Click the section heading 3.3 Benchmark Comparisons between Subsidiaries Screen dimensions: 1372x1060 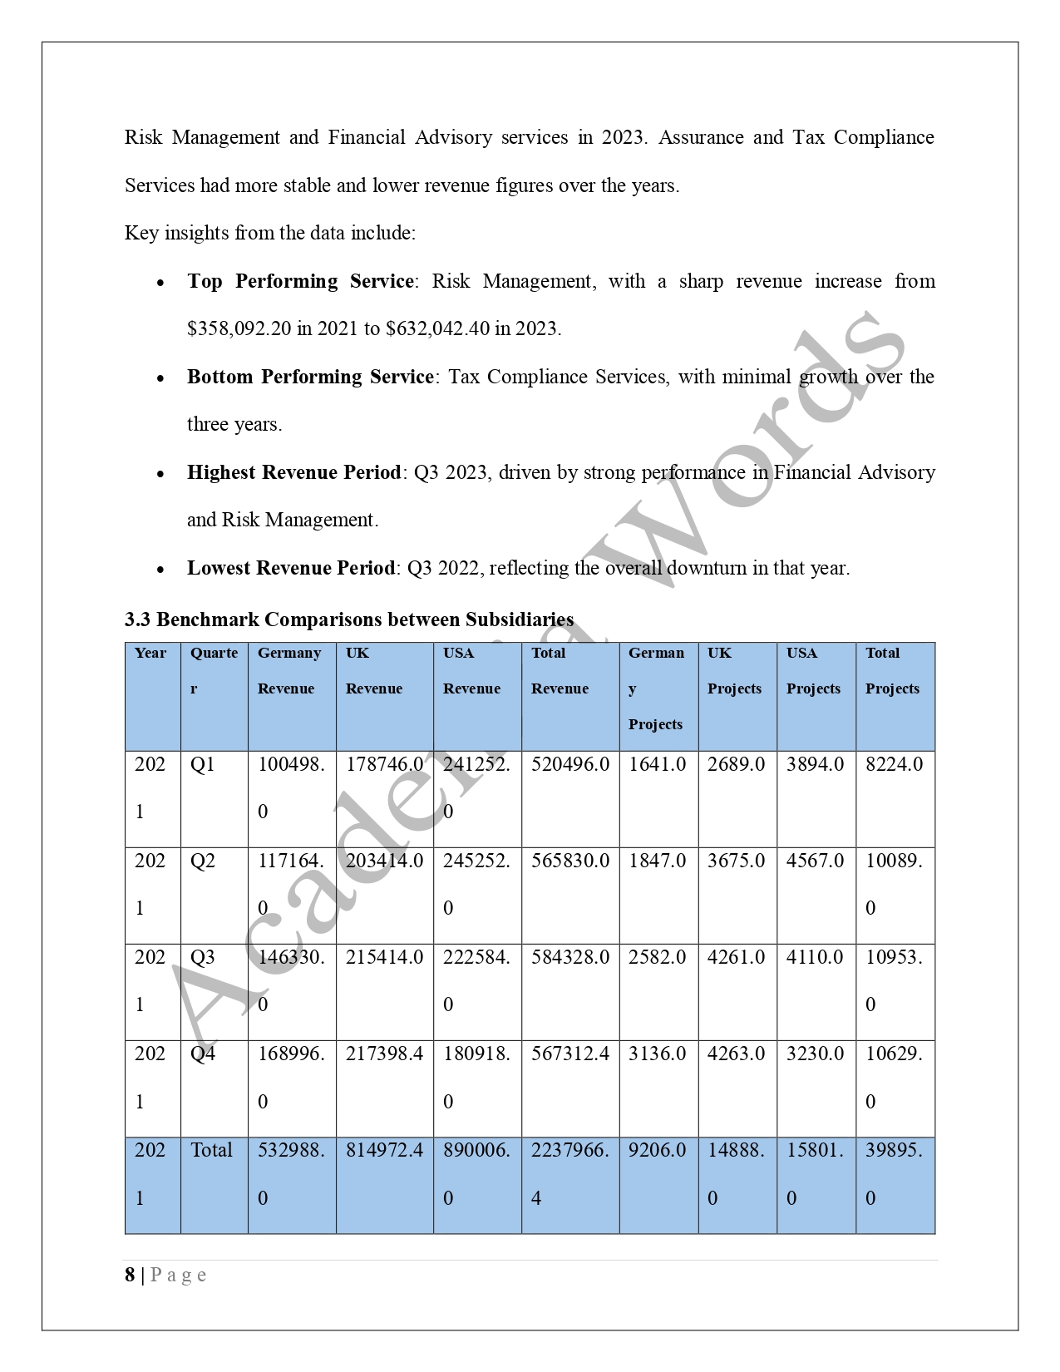pyautogui.click(x=349, y=620)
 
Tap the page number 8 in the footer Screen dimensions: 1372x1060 pyautogui.click(x=130, y=1275)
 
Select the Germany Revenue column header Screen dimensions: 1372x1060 pyautogui.click(x=288, y=670)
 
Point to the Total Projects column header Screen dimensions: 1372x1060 pyautogui.click(x=892, y=670)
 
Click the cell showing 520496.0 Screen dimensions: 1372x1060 pyautogui.click(x=569, y=764)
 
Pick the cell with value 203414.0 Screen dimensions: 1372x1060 pyautogui.click(x=384, y=861)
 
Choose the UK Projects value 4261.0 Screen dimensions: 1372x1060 pyautogui.click(x=736, y=957)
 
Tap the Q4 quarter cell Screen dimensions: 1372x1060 pyautogui.click(x=203, y=1054)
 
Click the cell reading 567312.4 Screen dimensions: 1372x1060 pyautogui.click(x=569, y=1054)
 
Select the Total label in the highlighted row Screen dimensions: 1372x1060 pyautogui.click(x=211, y=1150)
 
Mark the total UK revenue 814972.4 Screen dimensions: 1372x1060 pyautogui.click(x=384, y=1150)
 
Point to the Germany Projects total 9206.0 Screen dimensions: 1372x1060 pyautogui.click(x=657, y=1150)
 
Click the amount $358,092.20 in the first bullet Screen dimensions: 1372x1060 pyautogui.click(x=239, y=328)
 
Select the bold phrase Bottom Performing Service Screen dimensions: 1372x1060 pyautogui.click(x=310, y=377)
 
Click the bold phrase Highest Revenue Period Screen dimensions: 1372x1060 pyautogui.click(x=293, y=472)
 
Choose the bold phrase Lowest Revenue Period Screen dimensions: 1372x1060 pyautogui.click(x=290, y=568)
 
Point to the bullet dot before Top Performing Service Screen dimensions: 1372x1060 pyautogui.click(x=160, y=283)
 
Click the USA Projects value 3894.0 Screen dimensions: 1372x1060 pyautogui.click(x=815, y=764)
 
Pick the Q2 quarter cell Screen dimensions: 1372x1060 pyautogui.click(x=203, y=861)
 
